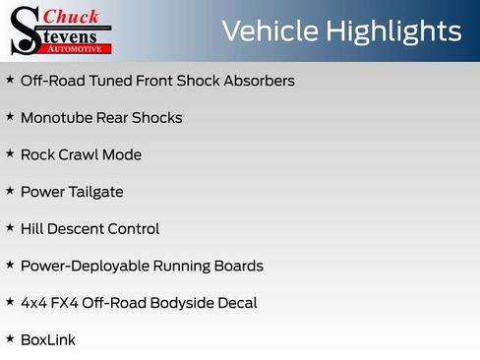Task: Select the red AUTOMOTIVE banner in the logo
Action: (x=78, y=48)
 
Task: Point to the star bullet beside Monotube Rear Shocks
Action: (x=10, y=117)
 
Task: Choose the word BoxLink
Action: (x=48, y=339)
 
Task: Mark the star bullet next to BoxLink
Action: (x=10, y=338)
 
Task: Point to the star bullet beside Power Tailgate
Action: (x=10, y=191)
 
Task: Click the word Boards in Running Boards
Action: (x=239, y=266)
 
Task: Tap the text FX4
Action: (x=67, y=303)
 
